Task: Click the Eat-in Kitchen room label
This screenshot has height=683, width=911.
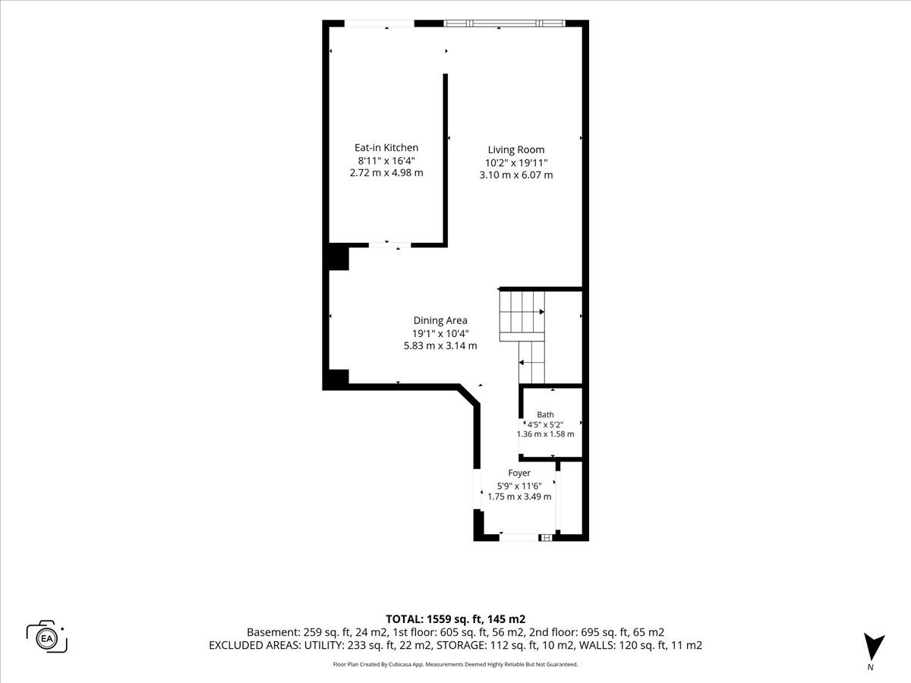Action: click(x=386, y=148)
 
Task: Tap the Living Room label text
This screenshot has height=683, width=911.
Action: click(x=516, y=150)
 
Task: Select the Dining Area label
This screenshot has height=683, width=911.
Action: click(x=440, y=320)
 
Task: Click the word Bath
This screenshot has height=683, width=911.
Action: click(x=545, y=414)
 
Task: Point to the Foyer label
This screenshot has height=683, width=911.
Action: click(x=519, y=473)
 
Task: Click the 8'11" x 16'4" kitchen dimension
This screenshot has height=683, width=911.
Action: click(x=386, y=160)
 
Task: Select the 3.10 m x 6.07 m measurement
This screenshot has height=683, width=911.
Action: click(x=516, y=175)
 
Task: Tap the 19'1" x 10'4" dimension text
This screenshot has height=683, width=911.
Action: click(x=440, y=333)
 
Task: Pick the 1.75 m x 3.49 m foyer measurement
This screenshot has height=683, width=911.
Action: click(x=519, y=497)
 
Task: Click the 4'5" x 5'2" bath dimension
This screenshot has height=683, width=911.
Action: click(x=545, y=425)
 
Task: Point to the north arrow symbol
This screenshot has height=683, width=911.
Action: click(x=874, y=647)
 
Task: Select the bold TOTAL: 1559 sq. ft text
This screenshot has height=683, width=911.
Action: click(x=433, y=619)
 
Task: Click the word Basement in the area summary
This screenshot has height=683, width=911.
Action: click(x=273, y=632)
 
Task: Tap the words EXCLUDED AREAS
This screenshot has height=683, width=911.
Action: click(x=254, y=645)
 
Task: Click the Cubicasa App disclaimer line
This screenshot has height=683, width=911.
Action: click(x=455, y=664)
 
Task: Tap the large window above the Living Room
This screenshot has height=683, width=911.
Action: click(x=504, y=24)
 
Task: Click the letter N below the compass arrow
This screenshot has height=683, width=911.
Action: click(x=870, y=667)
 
